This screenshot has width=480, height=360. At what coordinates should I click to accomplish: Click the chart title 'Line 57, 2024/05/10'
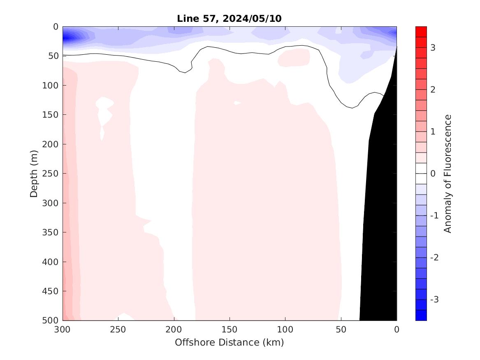point(229,19)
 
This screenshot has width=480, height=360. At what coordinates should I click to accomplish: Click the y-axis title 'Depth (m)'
point(34,173)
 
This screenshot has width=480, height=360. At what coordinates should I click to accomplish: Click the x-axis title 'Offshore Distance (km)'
point(229,342)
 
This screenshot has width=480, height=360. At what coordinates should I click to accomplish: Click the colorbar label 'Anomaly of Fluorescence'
point(448,173)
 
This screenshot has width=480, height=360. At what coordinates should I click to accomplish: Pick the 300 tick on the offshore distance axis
point(63,330)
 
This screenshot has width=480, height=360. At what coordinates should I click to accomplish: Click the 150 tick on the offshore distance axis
point(230,330)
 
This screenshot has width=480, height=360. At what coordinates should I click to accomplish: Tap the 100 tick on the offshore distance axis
point(285,330)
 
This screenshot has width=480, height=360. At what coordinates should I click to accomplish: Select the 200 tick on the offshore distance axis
point(174,330)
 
